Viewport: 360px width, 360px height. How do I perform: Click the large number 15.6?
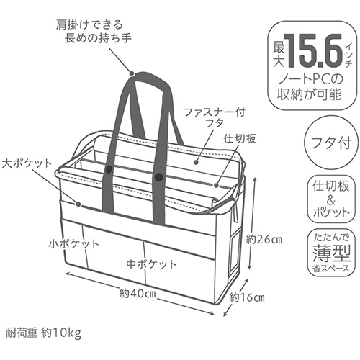[x=314, y=51]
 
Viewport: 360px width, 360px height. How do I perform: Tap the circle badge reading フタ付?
[x=330, y=143]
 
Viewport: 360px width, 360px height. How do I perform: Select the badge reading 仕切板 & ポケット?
[x=331, y=199]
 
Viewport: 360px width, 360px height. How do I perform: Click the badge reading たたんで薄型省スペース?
[x=331, y=253]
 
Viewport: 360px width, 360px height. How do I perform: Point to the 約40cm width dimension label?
[x=138, y=293]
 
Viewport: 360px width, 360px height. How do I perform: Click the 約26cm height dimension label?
[x=264, y=240]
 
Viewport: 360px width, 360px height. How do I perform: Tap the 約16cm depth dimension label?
[x=247, y=298]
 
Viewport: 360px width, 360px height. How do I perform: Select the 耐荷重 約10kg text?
[x=43, y=333]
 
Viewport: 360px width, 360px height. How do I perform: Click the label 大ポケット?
[x=27, y=163]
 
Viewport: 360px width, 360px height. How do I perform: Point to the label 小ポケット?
[x=74, y=244]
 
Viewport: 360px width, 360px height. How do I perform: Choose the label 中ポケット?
[x=152, y=264]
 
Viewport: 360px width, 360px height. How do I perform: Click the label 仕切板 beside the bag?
[x=240, y=138]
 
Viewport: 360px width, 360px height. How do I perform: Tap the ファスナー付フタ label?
[x=215, y=117]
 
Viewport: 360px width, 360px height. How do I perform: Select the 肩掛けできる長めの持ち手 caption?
[x=94, y=32]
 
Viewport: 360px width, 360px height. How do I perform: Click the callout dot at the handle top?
[x=132, y=73]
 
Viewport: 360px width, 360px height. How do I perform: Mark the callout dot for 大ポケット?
[x=78, y=204]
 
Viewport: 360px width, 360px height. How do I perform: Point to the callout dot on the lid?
[x=196, y=162]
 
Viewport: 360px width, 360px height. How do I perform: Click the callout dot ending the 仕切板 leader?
[x=216, y=186]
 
